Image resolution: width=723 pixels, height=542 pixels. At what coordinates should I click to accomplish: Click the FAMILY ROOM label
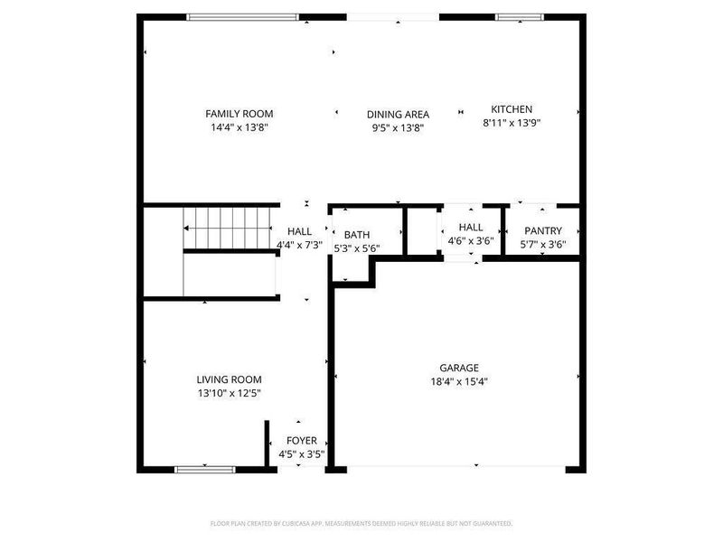pos(239,114)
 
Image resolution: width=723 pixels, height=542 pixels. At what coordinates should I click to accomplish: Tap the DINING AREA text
pos(398,115)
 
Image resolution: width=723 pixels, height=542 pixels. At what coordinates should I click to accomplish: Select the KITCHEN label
pos(512,109)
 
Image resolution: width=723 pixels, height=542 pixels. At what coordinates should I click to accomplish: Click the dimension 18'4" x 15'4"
pos(459,381)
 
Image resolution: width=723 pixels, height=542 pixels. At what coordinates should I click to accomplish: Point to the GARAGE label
pos(459,368)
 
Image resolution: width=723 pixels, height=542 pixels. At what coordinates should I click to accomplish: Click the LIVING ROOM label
pos(230,379)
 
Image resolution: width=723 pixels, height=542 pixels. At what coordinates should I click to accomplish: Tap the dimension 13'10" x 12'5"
pos(230,393)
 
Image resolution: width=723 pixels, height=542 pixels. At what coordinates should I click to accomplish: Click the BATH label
pos(356,235)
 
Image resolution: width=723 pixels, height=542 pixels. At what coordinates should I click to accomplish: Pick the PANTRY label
pos(542,231)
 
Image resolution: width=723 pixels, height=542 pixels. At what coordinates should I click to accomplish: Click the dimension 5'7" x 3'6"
pos(542,245)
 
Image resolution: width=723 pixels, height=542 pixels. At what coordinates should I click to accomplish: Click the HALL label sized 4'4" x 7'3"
pos(299,231)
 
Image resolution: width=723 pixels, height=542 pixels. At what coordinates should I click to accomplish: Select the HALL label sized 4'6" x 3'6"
pos(471,228)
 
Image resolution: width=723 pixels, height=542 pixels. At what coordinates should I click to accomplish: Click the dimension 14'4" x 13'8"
pos(239,127)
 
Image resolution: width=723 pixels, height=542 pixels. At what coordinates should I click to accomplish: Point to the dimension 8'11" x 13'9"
pos(512,123)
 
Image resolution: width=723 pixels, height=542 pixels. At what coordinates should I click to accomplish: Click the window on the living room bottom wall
pos(205,469)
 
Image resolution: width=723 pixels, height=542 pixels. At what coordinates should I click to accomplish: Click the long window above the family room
pos(242,16)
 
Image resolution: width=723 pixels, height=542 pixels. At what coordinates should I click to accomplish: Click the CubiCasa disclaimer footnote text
pos(361,523)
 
